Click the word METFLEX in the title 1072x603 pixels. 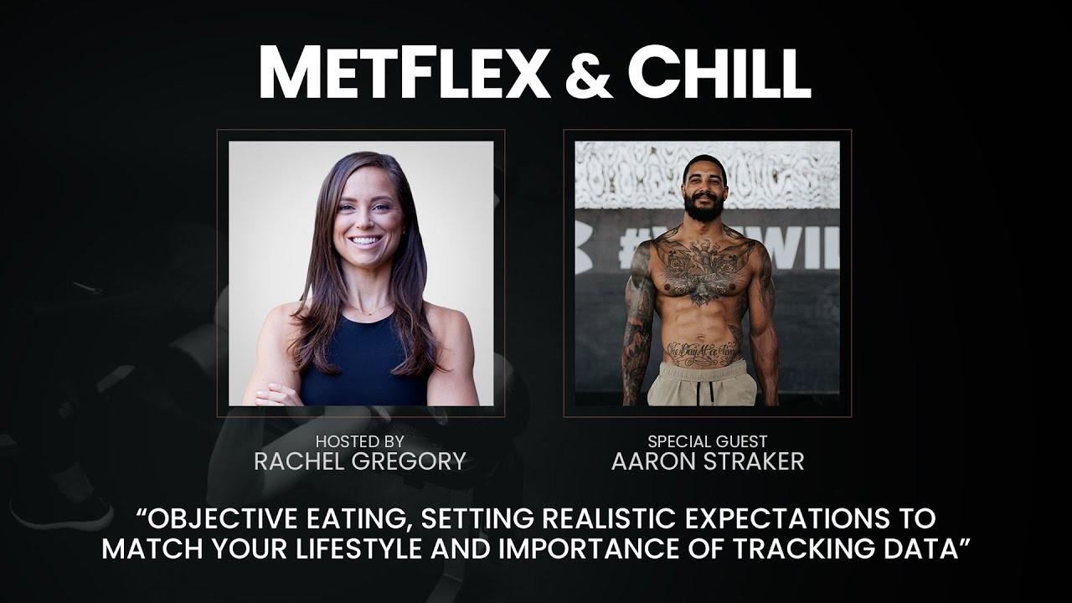tap(405, 72)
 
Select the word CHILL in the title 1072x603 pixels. tap(719, 72)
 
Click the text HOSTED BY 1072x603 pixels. tap(360, 441)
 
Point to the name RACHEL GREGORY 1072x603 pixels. tap(360, 461)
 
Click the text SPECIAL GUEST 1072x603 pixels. tap(708, 441)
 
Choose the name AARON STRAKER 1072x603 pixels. tap(708, 461)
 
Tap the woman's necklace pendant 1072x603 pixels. tap(369, 313)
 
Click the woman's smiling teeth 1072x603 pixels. tap(364, 240)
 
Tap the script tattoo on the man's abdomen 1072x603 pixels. tap(703, 353)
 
